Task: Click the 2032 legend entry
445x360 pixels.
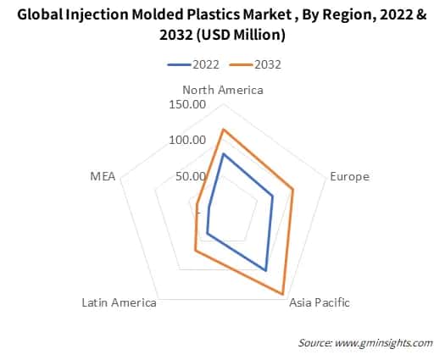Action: pos(261,64)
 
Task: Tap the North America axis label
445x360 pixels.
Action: pos(223,90)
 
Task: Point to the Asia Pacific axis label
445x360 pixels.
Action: pos(319,302)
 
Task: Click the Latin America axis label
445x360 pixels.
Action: pos(119,302)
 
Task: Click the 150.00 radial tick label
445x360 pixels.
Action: pos(188,105)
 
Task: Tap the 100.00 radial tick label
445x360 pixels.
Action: pos(188,141)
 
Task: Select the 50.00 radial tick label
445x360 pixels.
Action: pos(191,176)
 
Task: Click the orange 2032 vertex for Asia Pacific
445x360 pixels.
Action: pos(282,294)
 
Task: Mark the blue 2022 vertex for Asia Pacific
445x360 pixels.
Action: pos(265,270)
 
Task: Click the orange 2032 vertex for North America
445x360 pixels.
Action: pos(223,130)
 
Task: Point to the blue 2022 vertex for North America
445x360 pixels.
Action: pos(223,154)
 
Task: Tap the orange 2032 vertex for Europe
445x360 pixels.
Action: pos(293,190)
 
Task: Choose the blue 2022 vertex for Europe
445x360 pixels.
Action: pos(272,197)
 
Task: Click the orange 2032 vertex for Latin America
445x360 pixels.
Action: pos(196,250)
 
